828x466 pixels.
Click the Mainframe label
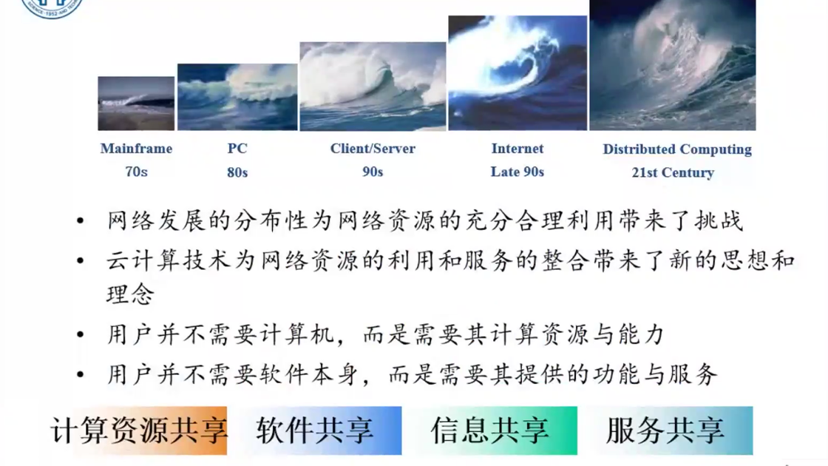pyautogui.click(x=136, y=149)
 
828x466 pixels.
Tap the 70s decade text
pyautogui.click(x=136, y=172)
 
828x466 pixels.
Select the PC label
pyautogui.click(x=237, y=149)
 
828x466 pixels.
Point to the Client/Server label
pyautogui.click(x=373, y=149)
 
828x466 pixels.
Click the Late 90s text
pyautogui.click(x=517, y=172)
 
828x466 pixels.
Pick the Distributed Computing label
pyautogui.click(x=677, y=149)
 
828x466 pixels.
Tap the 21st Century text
pyautogui.click(x=673, y=173)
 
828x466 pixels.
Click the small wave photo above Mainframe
pyautogui.click(x=136, y=104)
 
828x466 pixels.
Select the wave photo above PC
pyautogui.click(x=237, y=97)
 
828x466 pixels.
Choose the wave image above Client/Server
pyautogui.click(x=373, y=86)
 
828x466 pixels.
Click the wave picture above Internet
pyautogui.click(x=517, y=73)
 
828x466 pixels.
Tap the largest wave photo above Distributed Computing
pyautogui.click(x=673, y=65)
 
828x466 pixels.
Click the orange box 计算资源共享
pyautogui.click(x=138, y=430)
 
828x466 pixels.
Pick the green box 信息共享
pyautogui.click(x=491, y=430)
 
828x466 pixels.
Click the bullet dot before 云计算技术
pyautogui.click(x=81, y=260)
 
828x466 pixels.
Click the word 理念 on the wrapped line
pyautogui.click(x=130, y=294)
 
